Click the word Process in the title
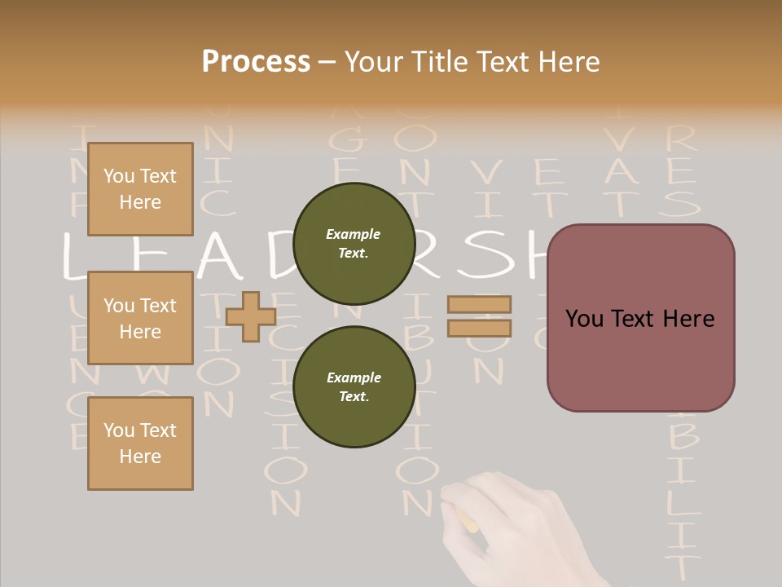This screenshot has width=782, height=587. point(256,61)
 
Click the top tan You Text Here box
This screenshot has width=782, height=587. point(140,189)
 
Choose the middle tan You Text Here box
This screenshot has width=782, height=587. point(140,318)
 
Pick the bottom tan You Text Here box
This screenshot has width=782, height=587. point(140,444)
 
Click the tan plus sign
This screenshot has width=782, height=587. point(251,316)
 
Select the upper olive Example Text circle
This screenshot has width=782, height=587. point(354,243)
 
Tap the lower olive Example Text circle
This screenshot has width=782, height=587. point(354,386)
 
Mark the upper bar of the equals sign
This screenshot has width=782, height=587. point(479,304)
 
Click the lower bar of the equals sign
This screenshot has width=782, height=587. point(479,329)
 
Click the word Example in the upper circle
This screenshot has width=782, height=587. point(354,235)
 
